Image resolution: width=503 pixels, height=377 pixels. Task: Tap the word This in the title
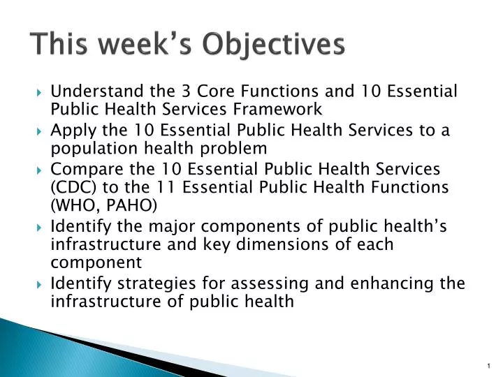click(58, 45)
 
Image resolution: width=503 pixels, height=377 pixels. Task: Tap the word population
click(89, 149)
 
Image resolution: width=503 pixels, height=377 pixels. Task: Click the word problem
click(237, 149)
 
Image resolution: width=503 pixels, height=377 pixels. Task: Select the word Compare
click(83, 170)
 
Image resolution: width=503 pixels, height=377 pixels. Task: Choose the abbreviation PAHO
click(135, 205)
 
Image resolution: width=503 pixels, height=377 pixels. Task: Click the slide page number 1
click(487, 366)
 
